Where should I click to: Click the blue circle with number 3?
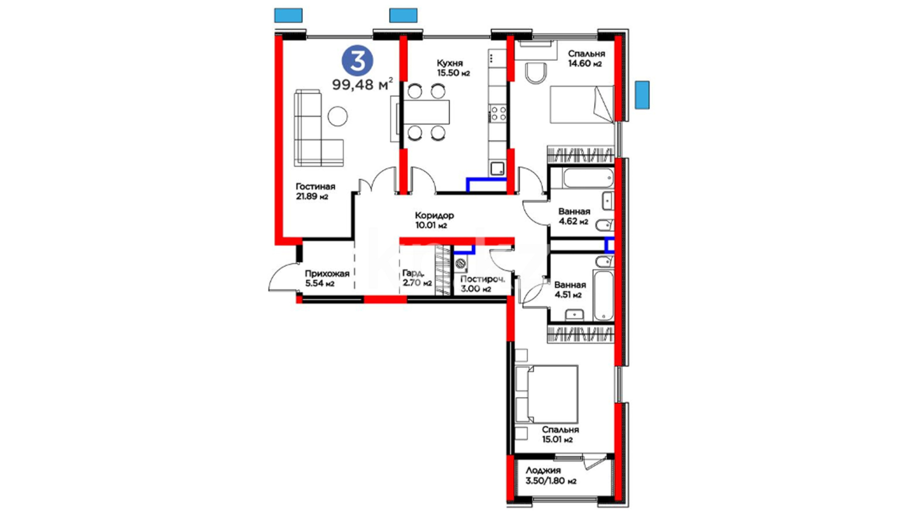357,61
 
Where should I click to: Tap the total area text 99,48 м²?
363,84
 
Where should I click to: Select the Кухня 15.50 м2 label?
453,68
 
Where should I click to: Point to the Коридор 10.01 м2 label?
434,220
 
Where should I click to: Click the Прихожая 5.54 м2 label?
327,278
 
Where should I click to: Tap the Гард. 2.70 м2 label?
417,278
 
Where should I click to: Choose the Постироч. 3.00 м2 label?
483,283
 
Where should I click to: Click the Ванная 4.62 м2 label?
574,216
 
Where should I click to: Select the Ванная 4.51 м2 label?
570,290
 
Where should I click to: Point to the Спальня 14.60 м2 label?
586,59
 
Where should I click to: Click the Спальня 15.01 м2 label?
560,435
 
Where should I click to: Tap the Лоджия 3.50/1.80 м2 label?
551,476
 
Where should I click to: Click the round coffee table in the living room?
338,116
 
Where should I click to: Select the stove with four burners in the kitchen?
498,114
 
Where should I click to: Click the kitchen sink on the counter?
497,169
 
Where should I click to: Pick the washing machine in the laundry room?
460,263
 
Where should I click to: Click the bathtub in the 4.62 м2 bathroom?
588,178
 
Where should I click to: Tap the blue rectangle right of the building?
642,94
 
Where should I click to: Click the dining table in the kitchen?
425,112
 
